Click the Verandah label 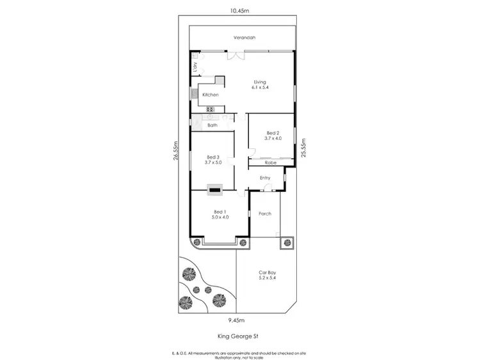(x=243, y=38)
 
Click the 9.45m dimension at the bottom (x=237, y=320)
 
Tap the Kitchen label (x=211, y=95)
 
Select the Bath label (x=212, y=125)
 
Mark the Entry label (x=265, y=178)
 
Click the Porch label (x=265, y=214)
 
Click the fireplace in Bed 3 (x=214, y=188)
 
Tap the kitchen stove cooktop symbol (x=209, y=109)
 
